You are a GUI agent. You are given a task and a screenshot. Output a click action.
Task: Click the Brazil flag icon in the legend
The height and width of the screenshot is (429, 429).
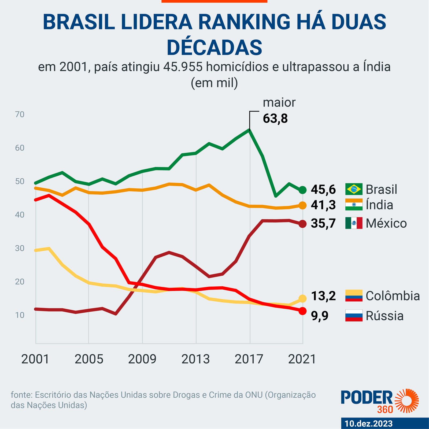354,189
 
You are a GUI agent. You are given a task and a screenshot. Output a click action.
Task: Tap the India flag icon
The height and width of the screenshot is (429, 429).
354,205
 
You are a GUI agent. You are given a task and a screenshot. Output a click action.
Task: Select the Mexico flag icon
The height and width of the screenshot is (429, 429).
354,223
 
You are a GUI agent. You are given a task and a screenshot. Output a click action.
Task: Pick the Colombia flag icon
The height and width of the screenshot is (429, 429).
354,295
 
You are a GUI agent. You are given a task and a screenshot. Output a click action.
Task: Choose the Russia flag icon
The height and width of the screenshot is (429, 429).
354,316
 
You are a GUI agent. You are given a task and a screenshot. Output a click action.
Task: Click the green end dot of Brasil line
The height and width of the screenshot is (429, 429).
302,190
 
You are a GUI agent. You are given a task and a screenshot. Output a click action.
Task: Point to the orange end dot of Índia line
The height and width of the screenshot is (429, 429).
302,205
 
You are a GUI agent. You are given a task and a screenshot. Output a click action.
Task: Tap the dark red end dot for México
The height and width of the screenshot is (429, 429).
302,224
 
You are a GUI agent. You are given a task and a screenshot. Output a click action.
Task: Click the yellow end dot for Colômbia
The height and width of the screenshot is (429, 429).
302,298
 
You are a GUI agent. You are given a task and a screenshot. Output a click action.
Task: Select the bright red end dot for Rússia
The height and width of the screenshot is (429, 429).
302,311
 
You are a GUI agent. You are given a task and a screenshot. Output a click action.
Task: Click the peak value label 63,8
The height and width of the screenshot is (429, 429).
275,119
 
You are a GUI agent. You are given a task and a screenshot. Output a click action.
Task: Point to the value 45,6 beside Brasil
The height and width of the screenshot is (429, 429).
323,190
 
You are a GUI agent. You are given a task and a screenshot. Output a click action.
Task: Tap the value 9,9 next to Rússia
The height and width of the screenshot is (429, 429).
320,316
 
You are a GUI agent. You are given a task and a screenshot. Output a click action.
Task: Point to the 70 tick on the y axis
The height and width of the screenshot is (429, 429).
20,114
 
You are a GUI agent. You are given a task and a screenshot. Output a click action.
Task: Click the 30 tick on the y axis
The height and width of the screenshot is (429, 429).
20,248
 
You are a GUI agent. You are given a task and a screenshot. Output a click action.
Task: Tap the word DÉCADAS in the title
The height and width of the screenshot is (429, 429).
214,47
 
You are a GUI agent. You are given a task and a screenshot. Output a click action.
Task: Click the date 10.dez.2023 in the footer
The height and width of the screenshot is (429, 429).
369,424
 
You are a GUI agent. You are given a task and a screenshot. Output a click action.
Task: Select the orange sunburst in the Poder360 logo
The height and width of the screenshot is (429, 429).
407,401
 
